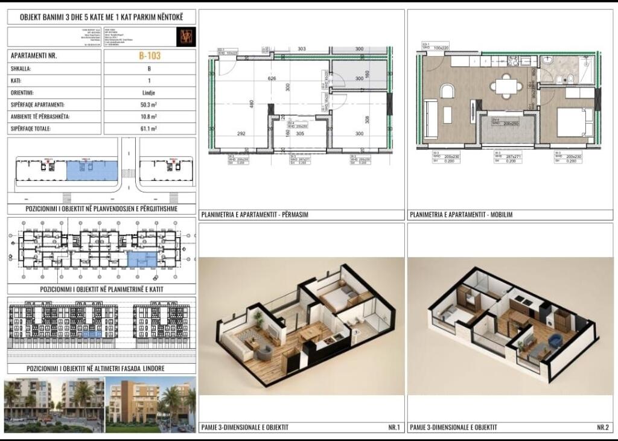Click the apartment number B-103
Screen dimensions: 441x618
click(x=150, y=56)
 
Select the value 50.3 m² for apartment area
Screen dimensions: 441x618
click(x=150, y=104)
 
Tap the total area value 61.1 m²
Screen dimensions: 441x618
click(x=150, y=128)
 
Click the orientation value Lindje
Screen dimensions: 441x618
click(x=150, y=93)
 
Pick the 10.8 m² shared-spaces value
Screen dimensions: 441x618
click(x=150, y=116)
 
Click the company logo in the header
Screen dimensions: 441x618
click(x=185, y=36)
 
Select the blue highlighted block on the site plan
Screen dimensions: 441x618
click(x=91, y=170)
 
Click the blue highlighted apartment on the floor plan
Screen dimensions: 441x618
click(x=142, y=259)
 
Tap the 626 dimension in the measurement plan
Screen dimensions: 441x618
click(x=272, y=79)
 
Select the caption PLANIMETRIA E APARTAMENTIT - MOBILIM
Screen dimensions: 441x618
click(x=462, y=214)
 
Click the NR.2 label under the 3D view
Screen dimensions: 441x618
click(x=602, y=428)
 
